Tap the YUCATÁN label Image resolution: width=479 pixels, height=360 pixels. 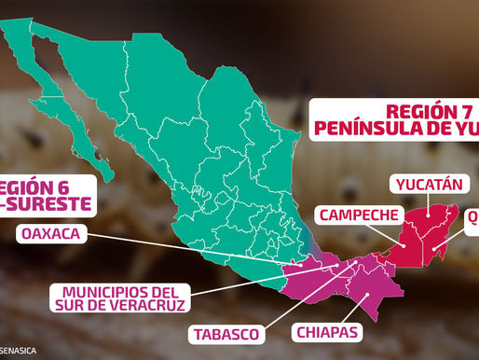tap(428, 184)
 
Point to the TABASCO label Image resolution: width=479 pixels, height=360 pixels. tap(226, 332)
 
